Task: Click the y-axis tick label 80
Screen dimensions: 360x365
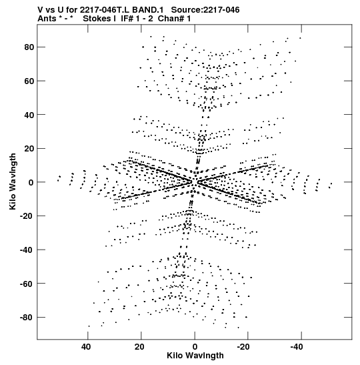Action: pos(29,47)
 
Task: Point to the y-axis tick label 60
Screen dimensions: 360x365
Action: pos(29,81)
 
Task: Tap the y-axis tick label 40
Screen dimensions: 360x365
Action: pos(29,115)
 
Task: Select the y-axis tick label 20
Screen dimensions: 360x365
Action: pos(29,149)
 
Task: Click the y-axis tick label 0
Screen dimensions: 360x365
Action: pos(31,183)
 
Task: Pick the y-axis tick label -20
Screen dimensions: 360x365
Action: pos(27,216)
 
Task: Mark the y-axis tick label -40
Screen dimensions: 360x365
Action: pos(27,250)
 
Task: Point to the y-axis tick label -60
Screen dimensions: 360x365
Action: pos(27,284)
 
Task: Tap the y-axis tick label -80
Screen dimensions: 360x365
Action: pos(27,318)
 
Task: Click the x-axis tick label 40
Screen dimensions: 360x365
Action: pos(86,347)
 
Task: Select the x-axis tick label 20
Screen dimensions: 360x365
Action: pos(139,347)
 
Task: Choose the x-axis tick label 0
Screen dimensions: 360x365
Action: pos(195,347)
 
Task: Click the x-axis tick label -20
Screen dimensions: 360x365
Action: pos(243,347)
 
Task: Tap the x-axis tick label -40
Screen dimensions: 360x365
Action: pos(297,347)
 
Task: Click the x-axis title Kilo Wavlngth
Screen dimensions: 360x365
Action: pos(195,356)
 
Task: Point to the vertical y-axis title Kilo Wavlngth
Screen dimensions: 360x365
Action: pos(13,181)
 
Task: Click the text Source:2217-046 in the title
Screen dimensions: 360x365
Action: pos(205,10)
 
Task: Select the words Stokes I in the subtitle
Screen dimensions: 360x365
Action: pos(99,19)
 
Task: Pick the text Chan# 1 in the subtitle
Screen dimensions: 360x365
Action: pos(174,19)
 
